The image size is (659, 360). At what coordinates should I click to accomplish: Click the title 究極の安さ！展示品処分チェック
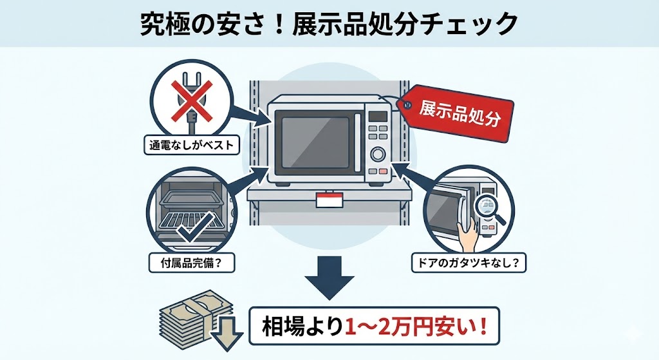[x=329, y=24]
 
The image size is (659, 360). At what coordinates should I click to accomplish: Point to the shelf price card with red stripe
[x=329, y=200]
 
